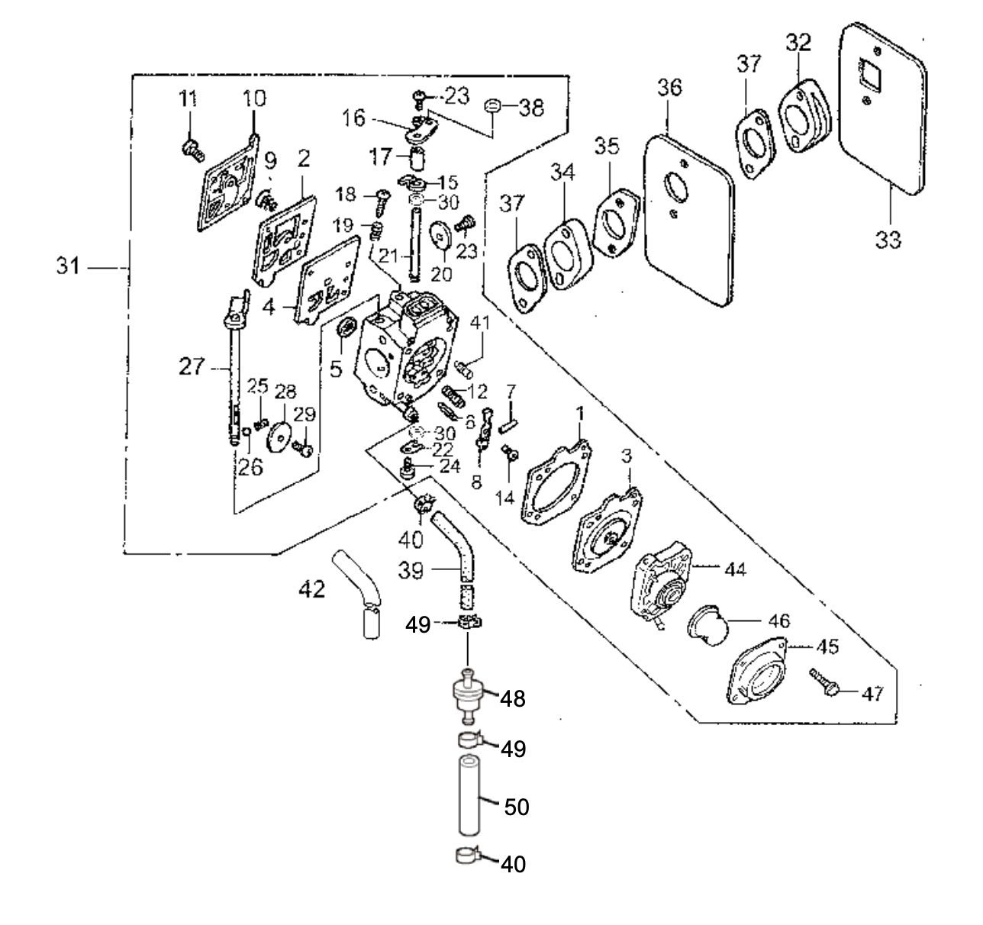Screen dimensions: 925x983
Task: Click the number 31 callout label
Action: coord(69,268)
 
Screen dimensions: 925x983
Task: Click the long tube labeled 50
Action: coord(469,806)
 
